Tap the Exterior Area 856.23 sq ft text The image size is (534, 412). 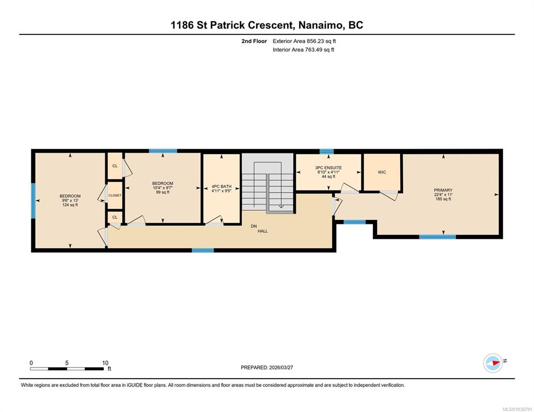click(304, 41)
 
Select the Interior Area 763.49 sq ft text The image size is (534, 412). click(304, 50)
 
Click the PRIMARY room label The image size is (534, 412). click(443, 190)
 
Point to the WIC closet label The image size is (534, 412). click(382, 172)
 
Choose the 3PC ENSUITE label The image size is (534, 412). click(328, 168)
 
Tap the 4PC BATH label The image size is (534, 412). click(221, 187)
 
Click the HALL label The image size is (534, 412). click(263, 231)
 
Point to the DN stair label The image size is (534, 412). click(254, 226)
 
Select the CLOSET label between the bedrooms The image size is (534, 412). click(115, 195)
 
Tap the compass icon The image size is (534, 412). click(493, 363)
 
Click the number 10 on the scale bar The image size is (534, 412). click(105, 363)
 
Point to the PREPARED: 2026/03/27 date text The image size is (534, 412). click(267, 367)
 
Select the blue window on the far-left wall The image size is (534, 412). click(33, 201)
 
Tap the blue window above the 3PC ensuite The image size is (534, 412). click(327, 151)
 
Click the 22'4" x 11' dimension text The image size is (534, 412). click(443, 195)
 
